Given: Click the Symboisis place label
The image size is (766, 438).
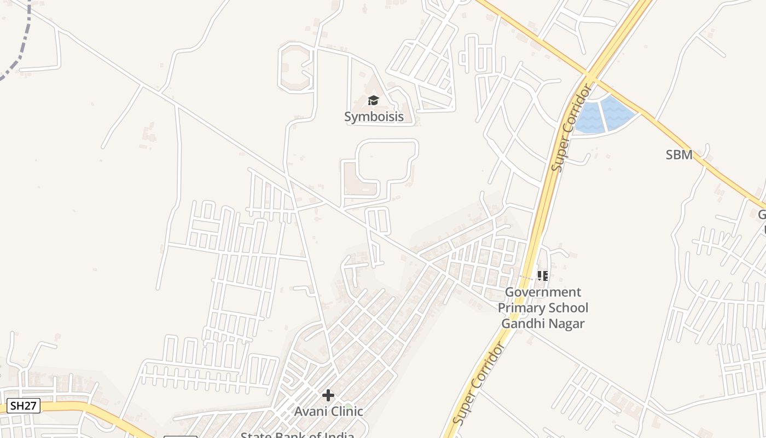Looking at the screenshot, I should click(374, 117).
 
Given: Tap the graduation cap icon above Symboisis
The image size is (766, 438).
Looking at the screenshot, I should click(373, 100).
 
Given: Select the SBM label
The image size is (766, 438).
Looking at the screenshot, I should click(679, 155).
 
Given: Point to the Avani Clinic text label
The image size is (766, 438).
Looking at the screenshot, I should click(328, 411).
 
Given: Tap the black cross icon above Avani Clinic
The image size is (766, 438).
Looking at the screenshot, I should click(328, 395).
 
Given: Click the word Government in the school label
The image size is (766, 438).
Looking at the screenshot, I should click(543, 292).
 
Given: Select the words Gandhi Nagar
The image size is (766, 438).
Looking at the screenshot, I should click(543, 324).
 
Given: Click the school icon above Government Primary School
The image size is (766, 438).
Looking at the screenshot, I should click(542, 275).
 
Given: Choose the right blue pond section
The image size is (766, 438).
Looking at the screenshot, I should click(618, 112).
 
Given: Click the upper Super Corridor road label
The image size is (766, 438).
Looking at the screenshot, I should click(572, 127).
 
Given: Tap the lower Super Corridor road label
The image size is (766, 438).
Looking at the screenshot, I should click(478, 385).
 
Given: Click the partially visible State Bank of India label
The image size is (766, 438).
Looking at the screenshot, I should click(298, 435).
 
